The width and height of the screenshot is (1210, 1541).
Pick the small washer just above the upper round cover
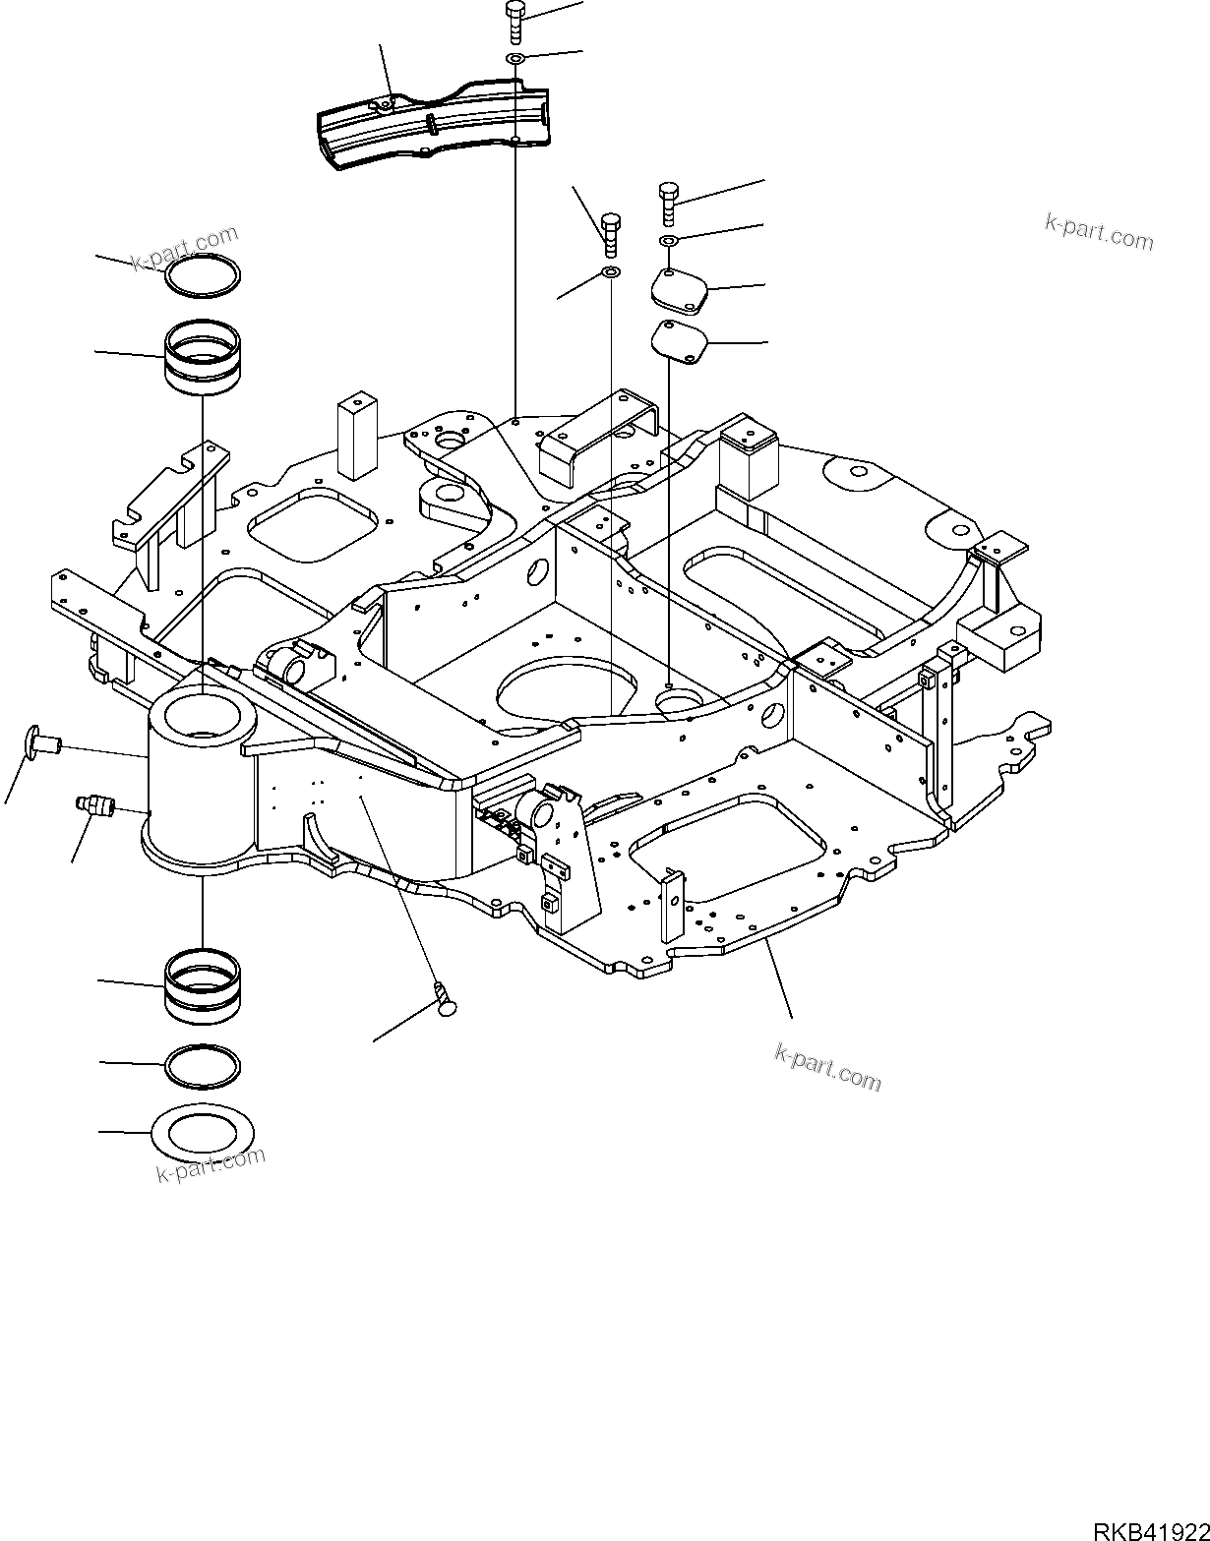click(668, 241)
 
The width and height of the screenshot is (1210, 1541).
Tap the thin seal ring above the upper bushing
click(202, 275)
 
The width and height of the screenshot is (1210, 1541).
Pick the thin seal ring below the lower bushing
click(202, 1066)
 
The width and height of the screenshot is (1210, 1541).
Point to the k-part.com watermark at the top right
click(1098, 232)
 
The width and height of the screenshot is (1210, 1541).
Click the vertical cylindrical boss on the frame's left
click(201, 777)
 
